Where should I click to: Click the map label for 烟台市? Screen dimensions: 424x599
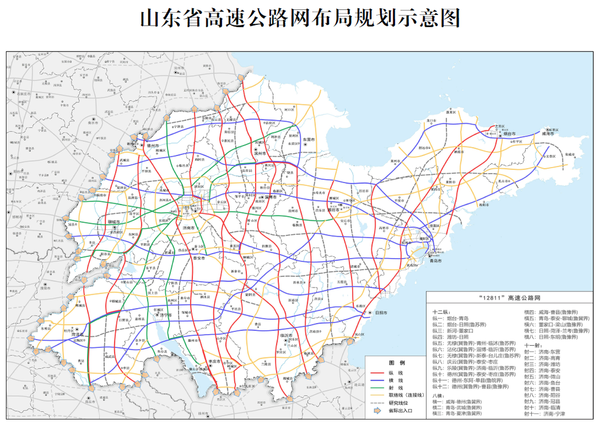tap(507, 134)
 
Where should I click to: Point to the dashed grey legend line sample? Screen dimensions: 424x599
tap(377, 403)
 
